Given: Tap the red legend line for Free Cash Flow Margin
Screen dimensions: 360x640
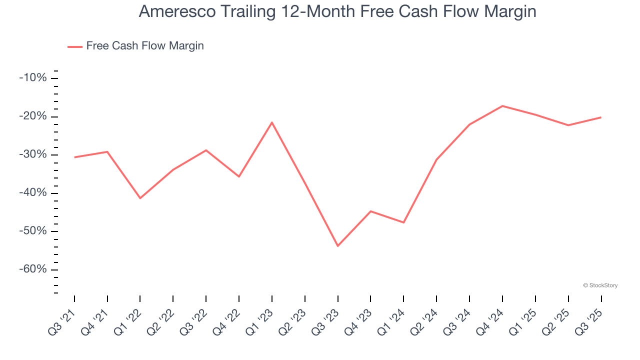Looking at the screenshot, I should point(75,46).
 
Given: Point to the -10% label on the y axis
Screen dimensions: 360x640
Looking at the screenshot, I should point(33,78).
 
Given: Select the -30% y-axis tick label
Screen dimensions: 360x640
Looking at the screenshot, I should point(33,154).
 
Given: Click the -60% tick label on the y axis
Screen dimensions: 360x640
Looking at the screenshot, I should point(33,269).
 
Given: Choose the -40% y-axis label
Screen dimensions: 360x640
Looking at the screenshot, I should point(33,193).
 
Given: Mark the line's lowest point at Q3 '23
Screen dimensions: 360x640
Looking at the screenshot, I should point(338,246).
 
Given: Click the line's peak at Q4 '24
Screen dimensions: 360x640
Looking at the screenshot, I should point(502,106).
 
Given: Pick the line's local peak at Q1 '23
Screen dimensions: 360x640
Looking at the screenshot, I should point(272,122).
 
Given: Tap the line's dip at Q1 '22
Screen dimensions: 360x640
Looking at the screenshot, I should point(140,198).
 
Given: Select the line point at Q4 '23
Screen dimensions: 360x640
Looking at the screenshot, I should point(370,211).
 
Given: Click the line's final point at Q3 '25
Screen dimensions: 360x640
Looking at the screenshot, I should point(601,117).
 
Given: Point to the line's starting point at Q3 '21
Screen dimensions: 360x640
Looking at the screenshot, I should point(74,157).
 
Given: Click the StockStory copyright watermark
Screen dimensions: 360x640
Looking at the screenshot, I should point(600,285).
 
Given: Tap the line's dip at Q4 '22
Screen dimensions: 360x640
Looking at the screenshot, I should point(239,176).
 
